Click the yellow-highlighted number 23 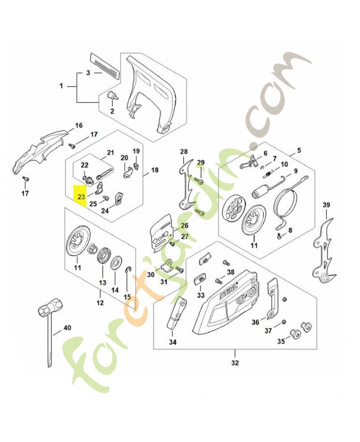[x=81, y=197]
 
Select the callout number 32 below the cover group [x=235, y=362]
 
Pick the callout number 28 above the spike [x=184, y=151]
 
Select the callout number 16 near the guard [x=79, y=125]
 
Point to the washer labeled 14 [x=115, y=264]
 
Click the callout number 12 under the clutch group [x=100, y=303]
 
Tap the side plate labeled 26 [x=161, y=230]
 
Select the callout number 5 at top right [x=299, y=150]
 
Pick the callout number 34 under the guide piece [x=173, y=342]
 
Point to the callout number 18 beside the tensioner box [x=155, y=170]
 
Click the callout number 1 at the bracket [x=61, y=86]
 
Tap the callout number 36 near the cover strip [x=255, y=322]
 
